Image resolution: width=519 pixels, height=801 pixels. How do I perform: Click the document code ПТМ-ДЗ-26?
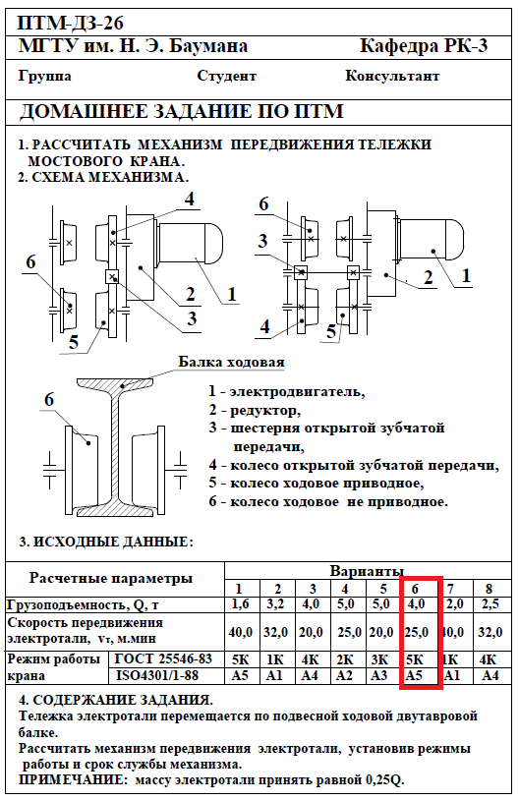(71, 24)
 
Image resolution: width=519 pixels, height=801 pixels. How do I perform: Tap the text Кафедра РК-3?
(424, 46)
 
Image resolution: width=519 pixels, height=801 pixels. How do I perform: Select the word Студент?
(226, 76)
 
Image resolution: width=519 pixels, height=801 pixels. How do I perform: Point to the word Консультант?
(392, 76)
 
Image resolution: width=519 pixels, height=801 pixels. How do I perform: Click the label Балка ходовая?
(231, 362)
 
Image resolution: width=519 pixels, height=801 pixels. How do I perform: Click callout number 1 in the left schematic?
(232, 294)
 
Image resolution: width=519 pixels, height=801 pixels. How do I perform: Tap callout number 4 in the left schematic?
(190, 200)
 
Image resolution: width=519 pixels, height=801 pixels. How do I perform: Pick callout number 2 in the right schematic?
(428, 277)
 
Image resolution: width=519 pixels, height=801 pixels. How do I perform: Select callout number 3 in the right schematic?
(262, 240)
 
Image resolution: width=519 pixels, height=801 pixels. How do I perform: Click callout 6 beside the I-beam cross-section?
(48, 399)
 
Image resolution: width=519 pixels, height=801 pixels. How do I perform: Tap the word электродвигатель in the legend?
(297, 392)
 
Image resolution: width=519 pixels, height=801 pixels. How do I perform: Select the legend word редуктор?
(265, 411)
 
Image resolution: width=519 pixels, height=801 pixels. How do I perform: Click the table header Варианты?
(367, 571)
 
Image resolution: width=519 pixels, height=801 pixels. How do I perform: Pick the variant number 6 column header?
(415, 588)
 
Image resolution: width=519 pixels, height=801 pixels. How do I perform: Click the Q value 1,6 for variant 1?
(240, 604)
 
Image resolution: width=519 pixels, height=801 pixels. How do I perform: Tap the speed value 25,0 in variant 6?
(416, 632)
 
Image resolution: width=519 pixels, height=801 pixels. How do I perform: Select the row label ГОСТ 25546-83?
(163, 659)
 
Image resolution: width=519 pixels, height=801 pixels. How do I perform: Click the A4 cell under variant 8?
(490, 675)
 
